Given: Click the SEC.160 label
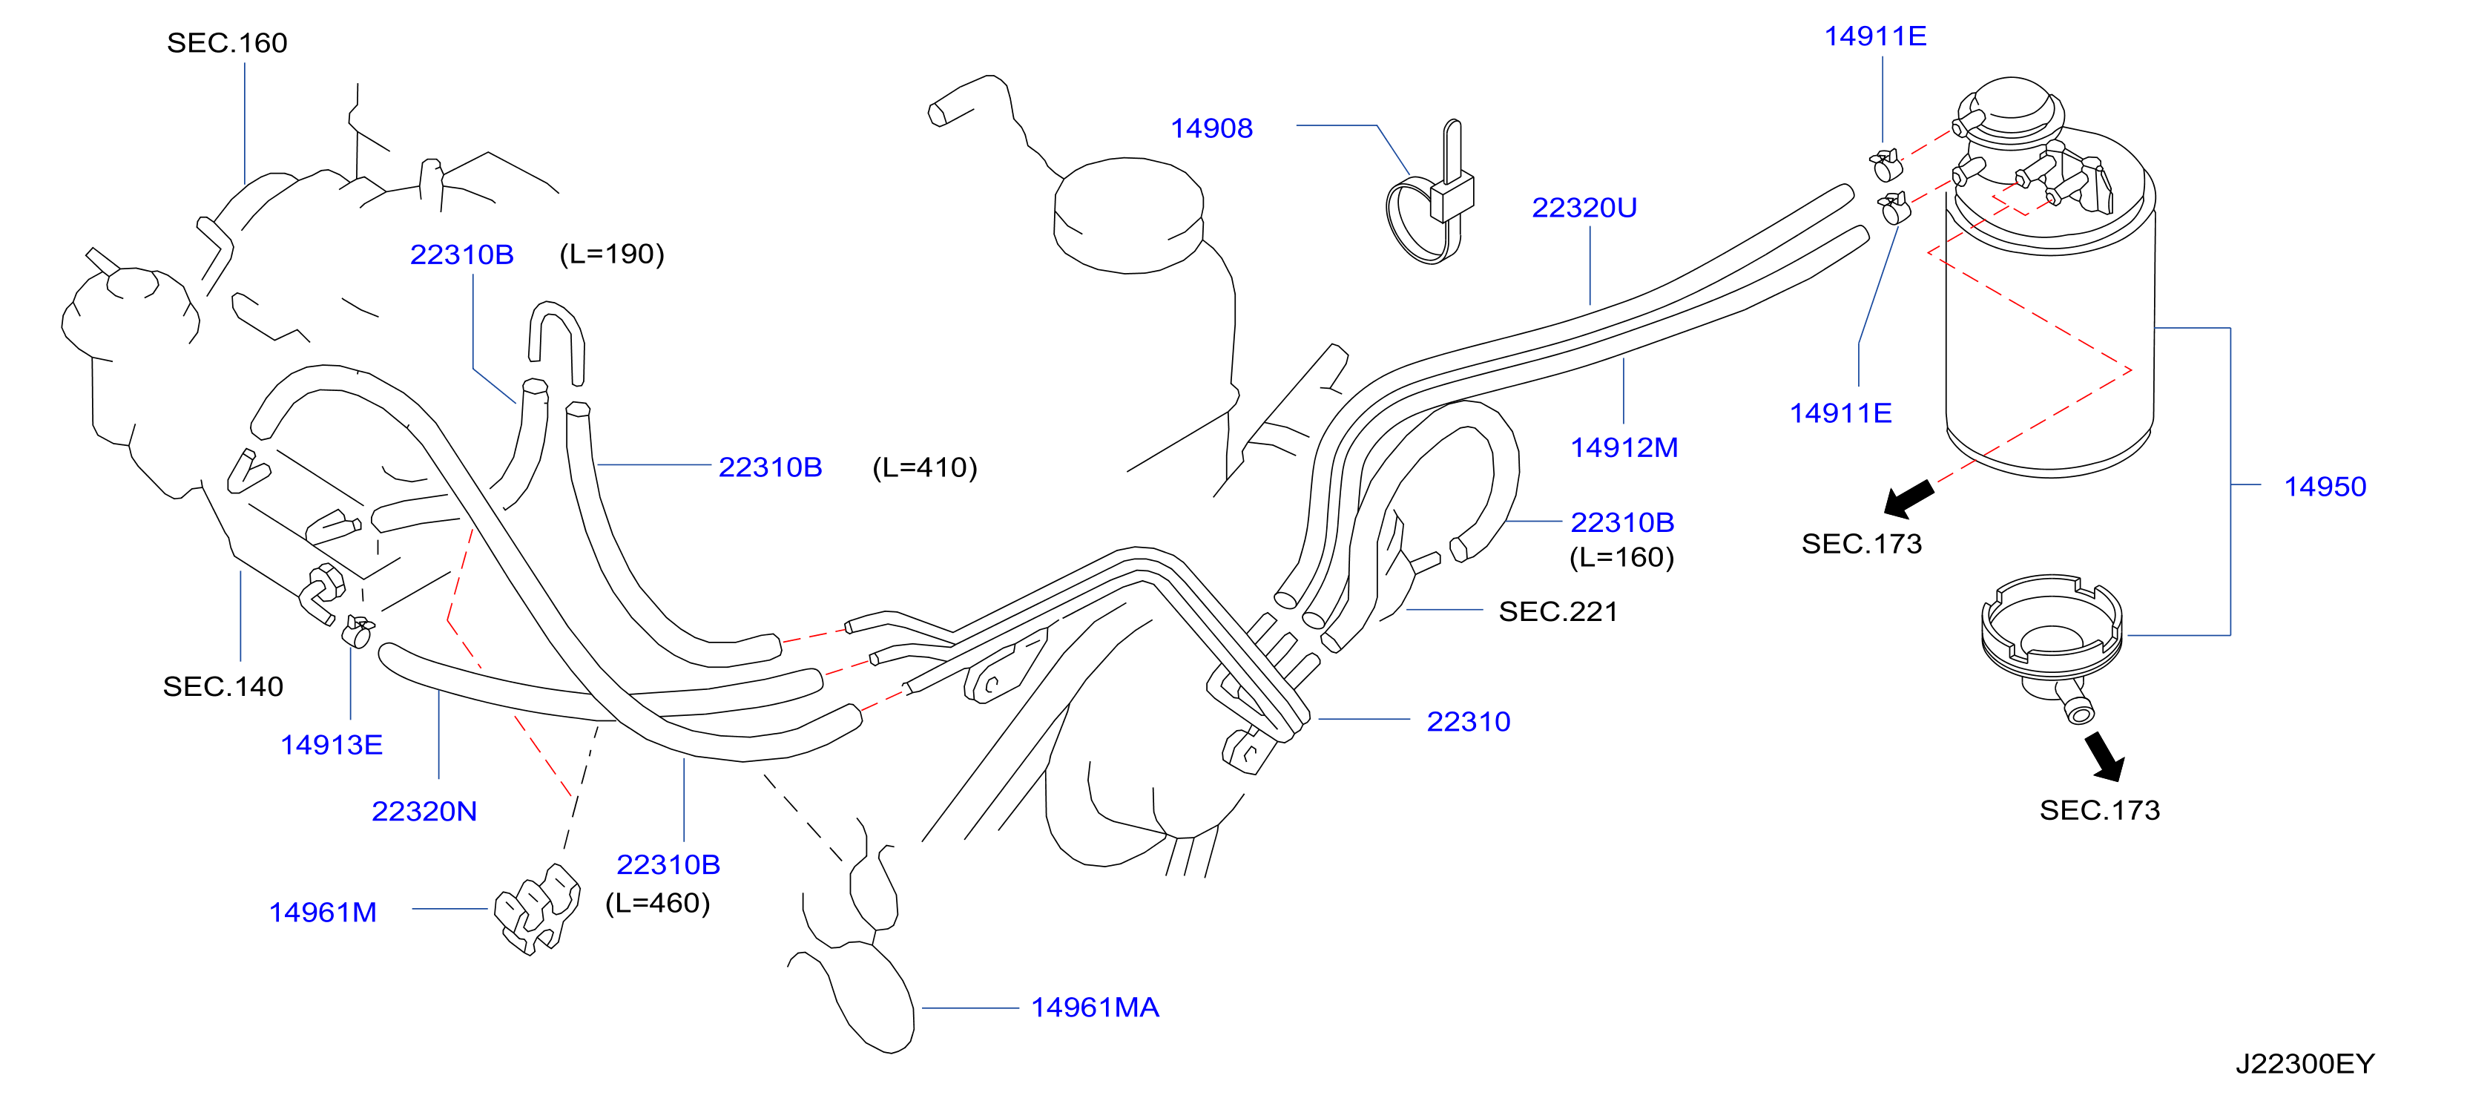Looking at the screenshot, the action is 227,43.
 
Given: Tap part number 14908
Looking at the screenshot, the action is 1211,128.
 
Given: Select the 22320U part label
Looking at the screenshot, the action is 1584,208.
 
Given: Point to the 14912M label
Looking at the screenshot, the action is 1624,448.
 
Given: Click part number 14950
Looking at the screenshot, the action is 2325,487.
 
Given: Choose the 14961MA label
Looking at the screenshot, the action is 1095,1008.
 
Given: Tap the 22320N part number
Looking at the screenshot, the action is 424,812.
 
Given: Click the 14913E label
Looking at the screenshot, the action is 331,745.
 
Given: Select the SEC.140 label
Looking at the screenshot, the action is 223,687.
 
